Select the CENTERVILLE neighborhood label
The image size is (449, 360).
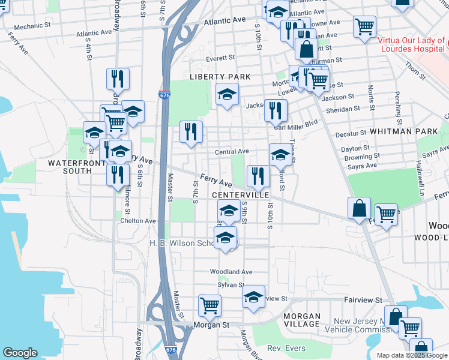(240, 196)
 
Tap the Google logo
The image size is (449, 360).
(20, 353)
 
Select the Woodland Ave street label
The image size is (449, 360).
(231, 272)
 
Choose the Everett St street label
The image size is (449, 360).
(220, 58)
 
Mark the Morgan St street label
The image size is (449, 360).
(212, 325)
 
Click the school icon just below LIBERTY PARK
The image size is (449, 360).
(227, 94)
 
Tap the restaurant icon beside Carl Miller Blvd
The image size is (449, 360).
(276, 110)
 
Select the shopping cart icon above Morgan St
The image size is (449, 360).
(209, 305)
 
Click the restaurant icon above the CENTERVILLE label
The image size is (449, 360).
(258, 175)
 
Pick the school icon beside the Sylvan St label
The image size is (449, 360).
(253, 297)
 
